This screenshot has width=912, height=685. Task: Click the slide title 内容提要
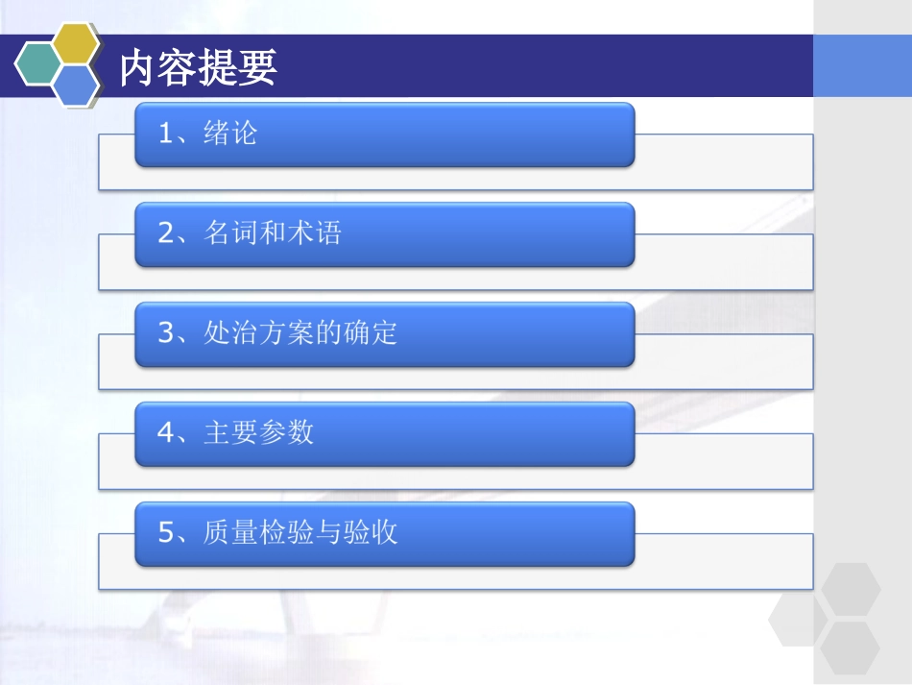pyautogui.click(x=199, y=68)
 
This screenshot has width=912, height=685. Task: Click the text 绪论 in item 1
pyautogui.click(x=230, y=133)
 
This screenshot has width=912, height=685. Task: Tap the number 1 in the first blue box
pyautogui.click(x=165, y=134)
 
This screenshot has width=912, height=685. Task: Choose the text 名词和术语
pyautogui.click(x=273, y=233)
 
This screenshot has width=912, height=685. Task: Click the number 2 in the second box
pyautogui.click(x=165, y=233)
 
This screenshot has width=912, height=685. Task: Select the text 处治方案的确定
pyautogui.click(x=300, y=333)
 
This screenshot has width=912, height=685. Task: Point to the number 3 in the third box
pyautogui.click(x=165, y=333)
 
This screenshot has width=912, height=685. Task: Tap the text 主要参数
pyautogui.click(x=259, y=432)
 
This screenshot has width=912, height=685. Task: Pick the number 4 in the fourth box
pyautogui.click(x=165, y=433)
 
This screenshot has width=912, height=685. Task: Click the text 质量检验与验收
pyautogui.click(x=300, y=532)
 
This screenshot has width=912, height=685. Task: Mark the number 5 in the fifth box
pyautogui.click(x=165, y=533)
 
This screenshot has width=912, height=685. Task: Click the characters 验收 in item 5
pyautogui.click(x=371, y=532)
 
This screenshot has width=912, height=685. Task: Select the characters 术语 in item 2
pyautogui.click(x=314, y=233)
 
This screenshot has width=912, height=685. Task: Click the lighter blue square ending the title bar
pyautogui.click(x=862, y=66)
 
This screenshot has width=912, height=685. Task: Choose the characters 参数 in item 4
pyautogui.click(x=287, y=432)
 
